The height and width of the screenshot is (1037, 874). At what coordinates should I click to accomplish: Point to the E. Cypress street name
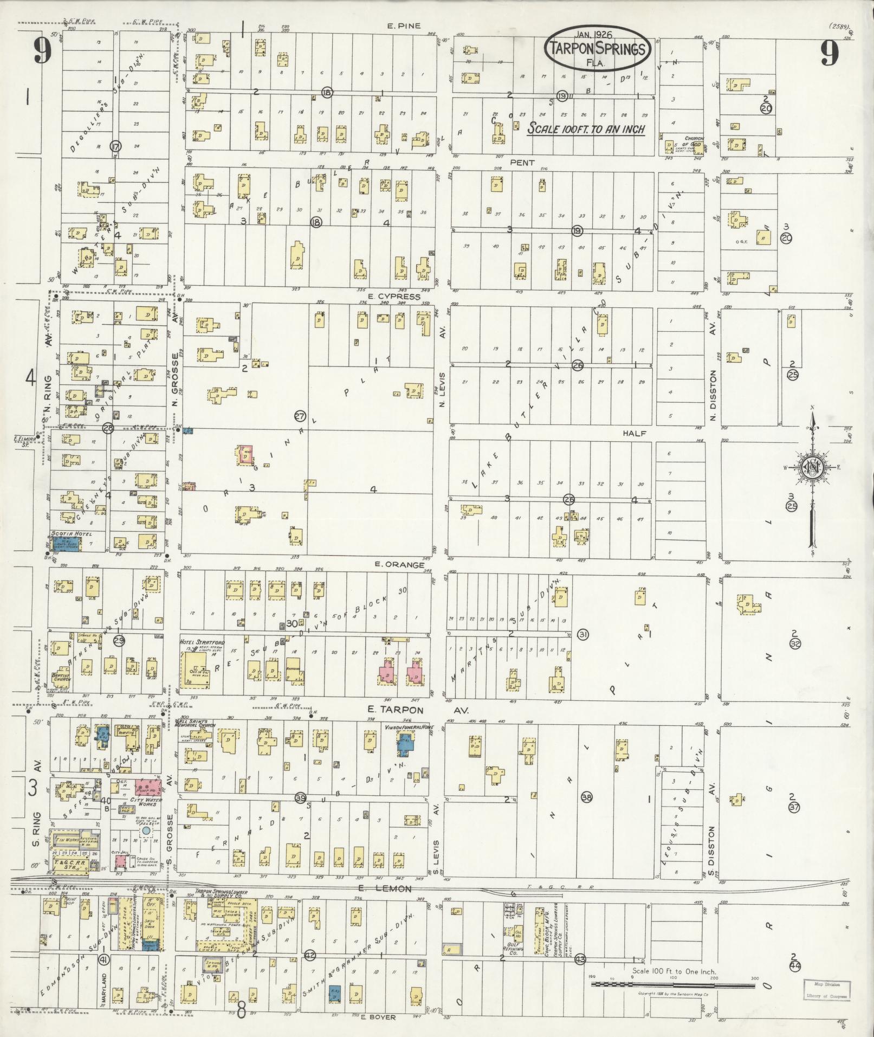click(393, 297)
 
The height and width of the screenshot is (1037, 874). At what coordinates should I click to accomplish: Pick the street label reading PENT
click(522, 163)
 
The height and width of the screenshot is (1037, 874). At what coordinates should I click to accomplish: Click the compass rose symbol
click(812, 468)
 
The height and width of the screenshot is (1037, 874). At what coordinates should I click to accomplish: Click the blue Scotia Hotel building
click(66, 543)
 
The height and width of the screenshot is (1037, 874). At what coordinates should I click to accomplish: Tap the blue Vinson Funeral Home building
click(405, 742)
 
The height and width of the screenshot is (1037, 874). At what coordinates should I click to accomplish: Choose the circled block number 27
click(300, 416)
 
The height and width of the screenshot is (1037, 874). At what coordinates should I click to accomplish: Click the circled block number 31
click(584, 634)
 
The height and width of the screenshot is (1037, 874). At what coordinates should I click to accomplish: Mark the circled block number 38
click(586, 796)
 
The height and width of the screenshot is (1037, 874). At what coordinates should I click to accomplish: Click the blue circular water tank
click(146, 830)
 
